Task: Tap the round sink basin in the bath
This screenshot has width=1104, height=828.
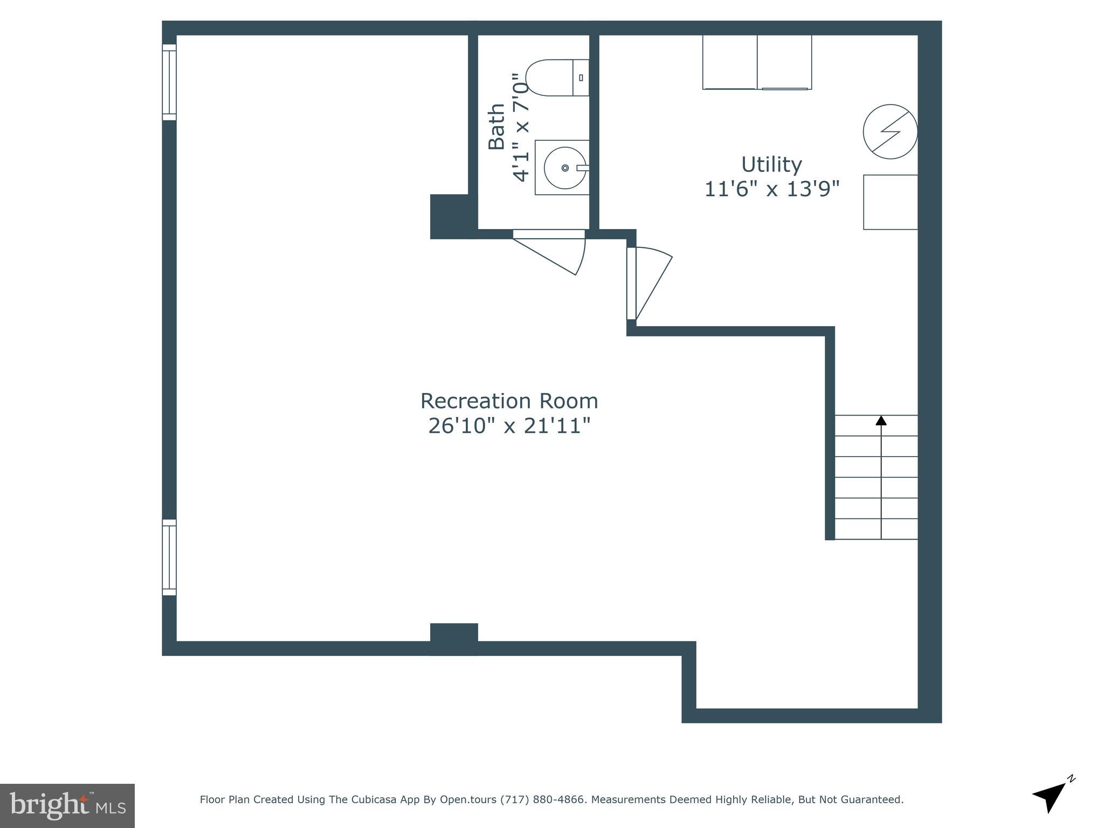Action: coord(565,168)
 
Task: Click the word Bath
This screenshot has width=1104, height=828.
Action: coord(496,126)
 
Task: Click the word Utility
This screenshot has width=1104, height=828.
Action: coord(771,164)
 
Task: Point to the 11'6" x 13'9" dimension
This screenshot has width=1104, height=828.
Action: coord(772,189)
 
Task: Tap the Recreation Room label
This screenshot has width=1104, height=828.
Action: coord(509,401)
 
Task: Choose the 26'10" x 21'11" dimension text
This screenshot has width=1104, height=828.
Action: coord(509,426)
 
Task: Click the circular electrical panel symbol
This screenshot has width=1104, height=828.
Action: coord(890,132)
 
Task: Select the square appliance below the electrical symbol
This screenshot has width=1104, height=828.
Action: coord(891,202)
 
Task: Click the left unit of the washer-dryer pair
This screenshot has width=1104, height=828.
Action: coord(730,62)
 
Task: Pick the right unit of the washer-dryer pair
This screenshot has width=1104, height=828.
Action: coord(784,62)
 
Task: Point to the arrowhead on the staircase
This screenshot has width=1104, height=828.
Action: coord(881,420)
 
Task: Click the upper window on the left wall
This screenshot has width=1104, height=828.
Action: coord(169,82)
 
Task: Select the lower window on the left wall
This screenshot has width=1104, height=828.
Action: coord(169,557)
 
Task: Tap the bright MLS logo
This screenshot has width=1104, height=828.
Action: coord(67,805)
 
